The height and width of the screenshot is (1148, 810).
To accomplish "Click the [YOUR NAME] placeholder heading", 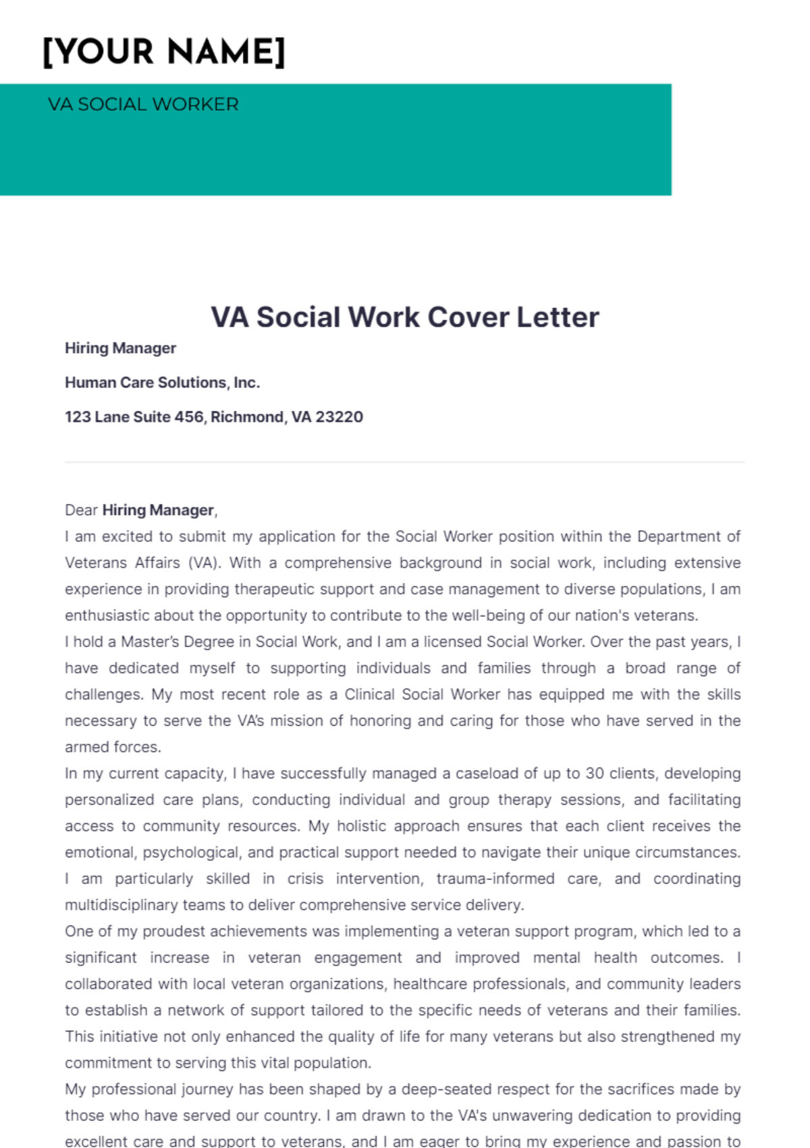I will [164, 52].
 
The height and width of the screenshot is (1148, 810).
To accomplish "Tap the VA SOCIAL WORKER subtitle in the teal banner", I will [143, 105].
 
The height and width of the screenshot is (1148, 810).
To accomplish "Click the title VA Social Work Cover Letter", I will [405, 317].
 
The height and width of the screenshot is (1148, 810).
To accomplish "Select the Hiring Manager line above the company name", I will [120, 348].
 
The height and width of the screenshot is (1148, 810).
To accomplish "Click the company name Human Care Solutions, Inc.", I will [162, 383].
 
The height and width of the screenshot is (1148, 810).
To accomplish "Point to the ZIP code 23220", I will [340, 417].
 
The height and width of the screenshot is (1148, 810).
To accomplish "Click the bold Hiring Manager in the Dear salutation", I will [158, 510].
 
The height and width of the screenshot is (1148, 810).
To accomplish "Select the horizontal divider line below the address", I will [405, 462].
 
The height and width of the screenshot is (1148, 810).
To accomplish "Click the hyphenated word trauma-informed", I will [495, 879].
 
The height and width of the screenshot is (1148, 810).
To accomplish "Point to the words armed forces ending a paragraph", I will [113, 747].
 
